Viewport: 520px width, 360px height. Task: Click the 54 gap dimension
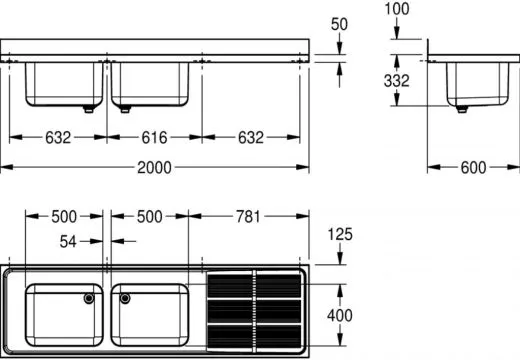(x=68, y=241)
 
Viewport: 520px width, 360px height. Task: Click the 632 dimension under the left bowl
(x=56, y=138)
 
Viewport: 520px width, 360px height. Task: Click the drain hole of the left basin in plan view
(x=90, y=297)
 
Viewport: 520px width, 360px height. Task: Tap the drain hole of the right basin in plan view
(x=125, y=297)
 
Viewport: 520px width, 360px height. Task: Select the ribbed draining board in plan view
(x=254, y=311)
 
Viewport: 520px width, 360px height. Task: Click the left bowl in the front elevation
(x=62, y=84)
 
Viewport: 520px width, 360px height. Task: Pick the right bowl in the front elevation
(x=151, y=84)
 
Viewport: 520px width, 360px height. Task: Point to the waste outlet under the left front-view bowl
(x=90, y=109)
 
